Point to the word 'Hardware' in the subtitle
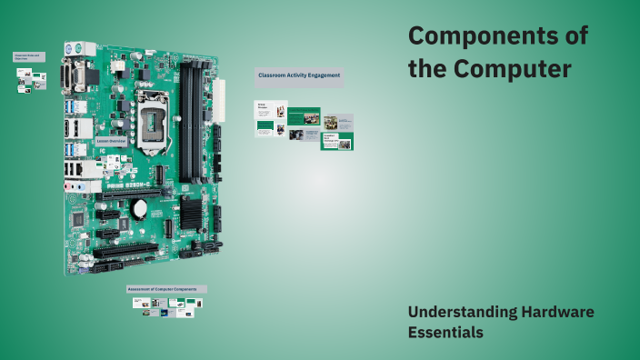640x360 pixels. tap(559, 312)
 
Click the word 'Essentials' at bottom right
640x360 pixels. tap(445, 333)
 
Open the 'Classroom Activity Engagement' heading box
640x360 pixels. tap(299, 75)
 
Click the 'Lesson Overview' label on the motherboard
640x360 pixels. tap(108, 142)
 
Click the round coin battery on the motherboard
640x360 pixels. tap(139, 208)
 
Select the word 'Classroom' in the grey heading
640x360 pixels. tap(272, 75)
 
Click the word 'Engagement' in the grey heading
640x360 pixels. tap(323, 75)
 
